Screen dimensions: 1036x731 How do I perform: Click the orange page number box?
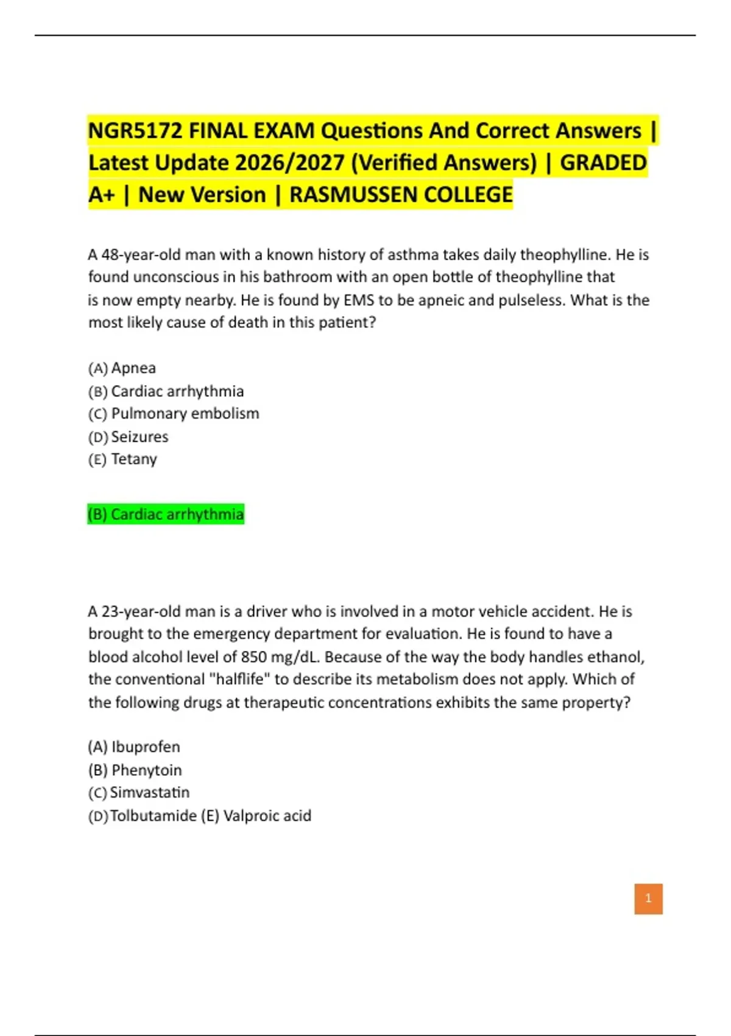[648, 898]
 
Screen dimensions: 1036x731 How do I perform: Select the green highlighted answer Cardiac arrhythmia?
[166, 514]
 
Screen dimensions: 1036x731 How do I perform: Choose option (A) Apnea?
[122, 368]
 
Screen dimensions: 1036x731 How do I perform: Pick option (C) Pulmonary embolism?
[174, 414]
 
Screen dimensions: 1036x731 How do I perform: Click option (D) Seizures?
[129, 437]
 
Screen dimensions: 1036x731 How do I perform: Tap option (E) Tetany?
[123, 459]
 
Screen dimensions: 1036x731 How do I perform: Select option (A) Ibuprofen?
[134, 747]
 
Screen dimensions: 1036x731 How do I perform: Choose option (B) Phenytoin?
[135, 770]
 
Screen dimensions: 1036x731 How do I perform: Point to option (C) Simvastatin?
[139, 793]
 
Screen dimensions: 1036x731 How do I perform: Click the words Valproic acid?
[267, 816]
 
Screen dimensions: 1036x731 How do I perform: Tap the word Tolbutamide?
[153, 816]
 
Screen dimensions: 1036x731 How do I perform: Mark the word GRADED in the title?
[603, 163]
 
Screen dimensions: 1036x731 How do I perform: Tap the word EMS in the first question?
[359, 300]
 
